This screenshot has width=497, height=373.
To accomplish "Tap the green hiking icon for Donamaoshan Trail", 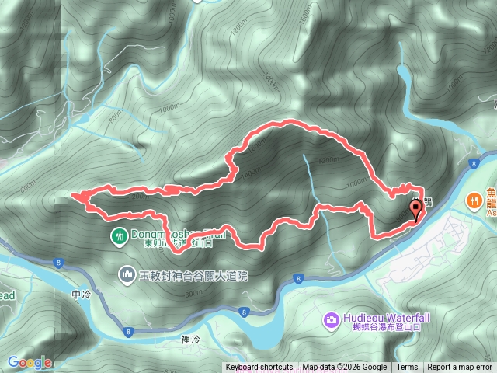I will pyautogui.click(x=119, y=235).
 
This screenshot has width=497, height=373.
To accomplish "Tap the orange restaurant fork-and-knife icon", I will pyautogui.click(x=474, y=200).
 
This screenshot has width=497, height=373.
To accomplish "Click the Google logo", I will pyautogui.click(x=30, y=362).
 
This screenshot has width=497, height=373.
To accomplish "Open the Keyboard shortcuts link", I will pyautogui.click(x=259, y=368).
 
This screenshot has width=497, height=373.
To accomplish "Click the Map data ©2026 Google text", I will pyautogui.click(x=344, y=368).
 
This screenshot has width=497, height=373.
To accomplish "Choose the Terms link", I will pyautogui.click(x=407, y=368).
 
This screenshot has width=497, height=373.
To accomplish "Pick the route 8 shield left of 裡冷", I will pyautogui.click(x=129, y=331).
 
